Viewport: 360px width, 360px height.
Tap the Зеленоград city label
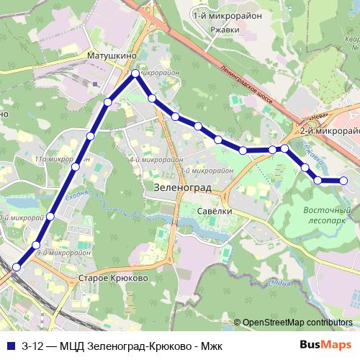point(181,186)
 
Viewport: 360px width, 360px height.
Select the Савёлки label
point(214,210)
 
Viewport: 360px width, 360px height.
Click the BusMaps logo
point(329,343)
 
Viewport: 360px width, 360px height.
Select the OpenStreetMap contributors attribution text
point(297,323)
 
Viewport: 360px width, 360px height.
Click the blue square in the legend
point(10,343)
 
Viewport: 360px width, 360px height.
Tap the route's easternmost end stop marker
point(343,180)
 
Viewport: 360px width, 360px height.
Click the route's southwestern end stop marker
point(16,268)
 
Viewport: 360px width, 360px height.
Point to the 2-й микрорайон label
point(329,131)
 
